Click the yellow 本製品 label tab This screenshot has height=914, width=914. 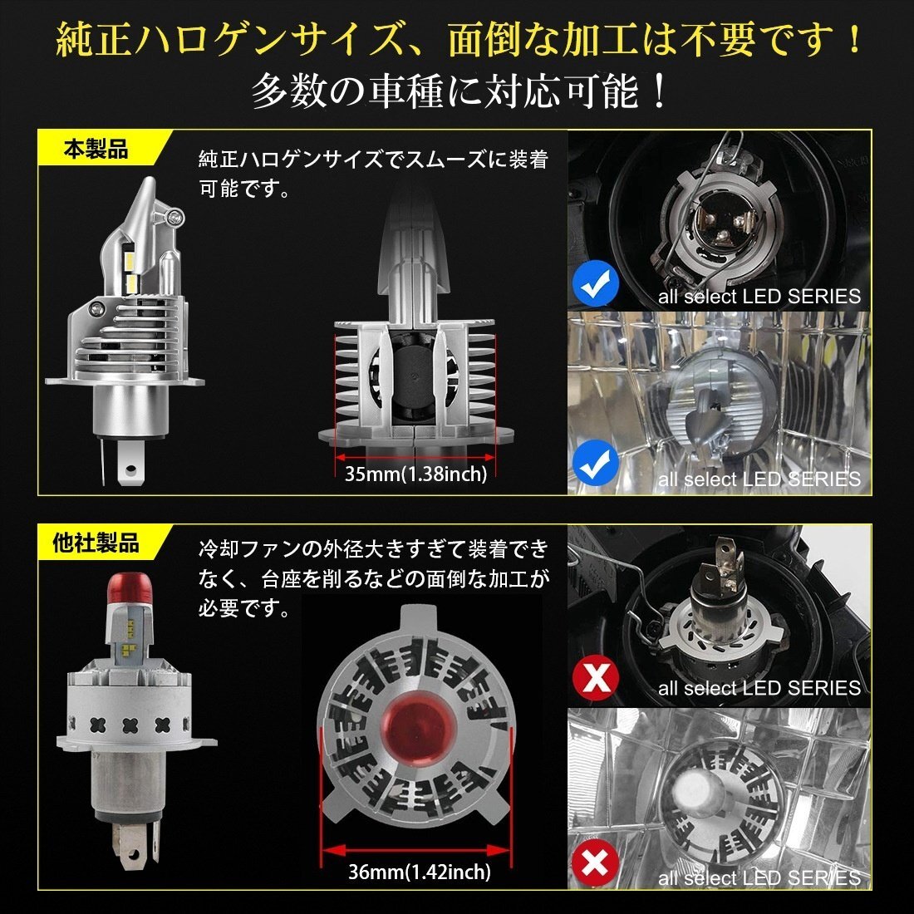(96, 150)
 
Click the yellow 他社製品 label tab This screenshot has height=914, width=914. (96, 544)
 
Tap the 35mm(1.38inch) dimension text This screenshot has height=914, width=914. (415, 474)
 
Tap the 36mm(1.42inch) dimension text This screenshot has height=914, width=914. (419, 872)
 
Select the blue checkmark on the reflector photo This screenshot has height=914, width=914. (596, 466)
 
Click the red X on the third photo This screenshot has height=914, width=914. (596, 678)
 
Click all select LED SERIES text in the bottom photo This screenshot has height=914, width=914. (759, 877)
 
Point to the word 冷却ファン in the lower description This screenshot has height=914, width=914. (249, 549)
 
